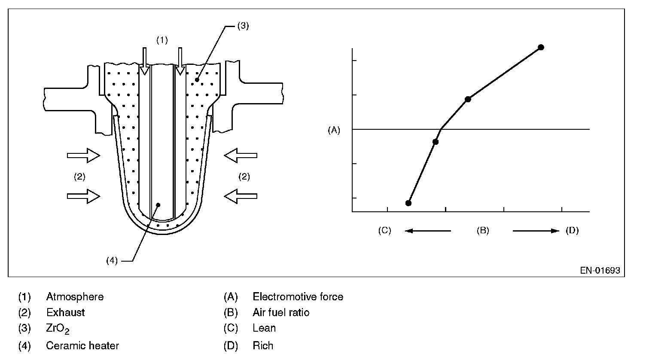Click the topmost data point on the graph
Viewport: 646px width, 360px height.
(541, 47)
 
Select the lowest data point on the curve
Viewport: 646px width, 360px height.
(408, 203)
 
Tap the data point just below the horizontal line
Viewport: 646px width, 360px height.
(435, 142)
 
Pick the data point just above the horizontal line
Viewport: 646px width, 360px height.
(468, 99)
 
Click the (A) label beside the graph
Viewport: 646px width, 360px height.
(334, 130)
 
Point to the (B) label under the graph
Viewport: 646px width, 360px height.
(482, 231)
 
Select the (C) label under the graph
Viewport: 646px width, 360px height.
(384, 231)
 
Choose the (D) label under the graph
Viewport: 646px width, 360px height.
(572, 231)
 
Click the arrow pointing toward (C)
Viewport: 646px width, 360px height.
(428, 231)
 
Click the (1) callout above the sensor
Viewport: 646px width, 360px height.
(161, 40)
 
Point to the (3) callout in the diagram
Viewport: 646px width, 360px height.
(243, 26)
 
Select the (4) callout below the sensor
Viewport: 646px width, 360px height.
(112, 260)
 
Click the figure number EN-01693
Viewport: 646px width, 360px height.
(600, 271)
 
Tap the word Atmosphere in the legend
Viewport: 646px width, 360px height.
(75, 297)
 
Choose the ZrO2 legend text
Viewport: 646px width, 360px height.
(58, 329)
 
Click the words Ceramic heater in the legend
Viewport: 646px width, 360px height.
(82, 345)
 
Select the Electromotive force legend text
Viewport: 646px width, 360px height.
(298, 297)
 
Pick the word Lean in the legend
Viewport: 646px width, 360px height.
(264, 328)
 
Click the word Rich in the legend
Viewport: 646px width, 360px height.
(263, 345)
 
